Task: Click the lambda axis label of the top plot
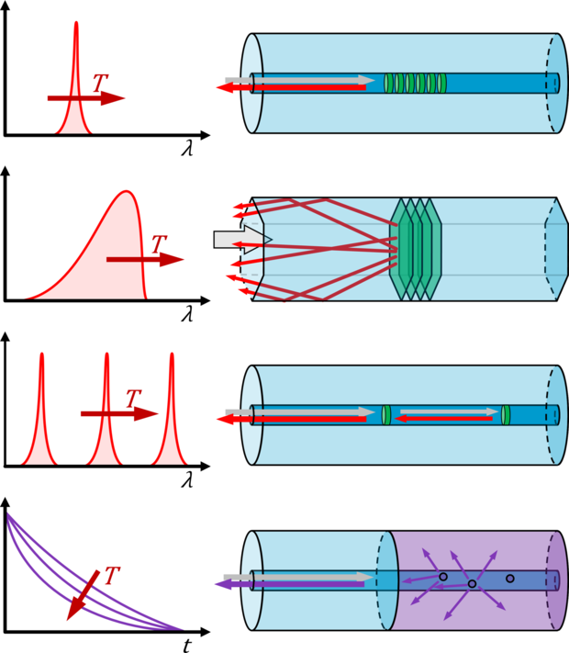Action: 186,148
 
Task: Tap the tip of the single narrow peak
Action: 75,25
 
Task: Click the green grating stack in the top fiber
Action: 415,83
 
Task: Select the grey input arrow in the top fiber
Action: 312,80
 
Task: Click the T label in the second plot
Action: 159,244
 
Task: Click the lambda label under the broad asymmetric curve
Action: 187,313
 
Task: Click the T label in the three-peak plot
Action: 133,399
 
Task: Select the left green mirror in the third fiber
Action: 386,415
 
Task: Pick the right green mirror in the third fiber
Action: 506,415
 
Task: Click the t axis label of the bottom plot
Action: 186,645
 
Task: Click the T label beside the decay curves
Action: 112,576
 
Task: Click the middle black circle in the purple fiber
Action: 472,583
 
